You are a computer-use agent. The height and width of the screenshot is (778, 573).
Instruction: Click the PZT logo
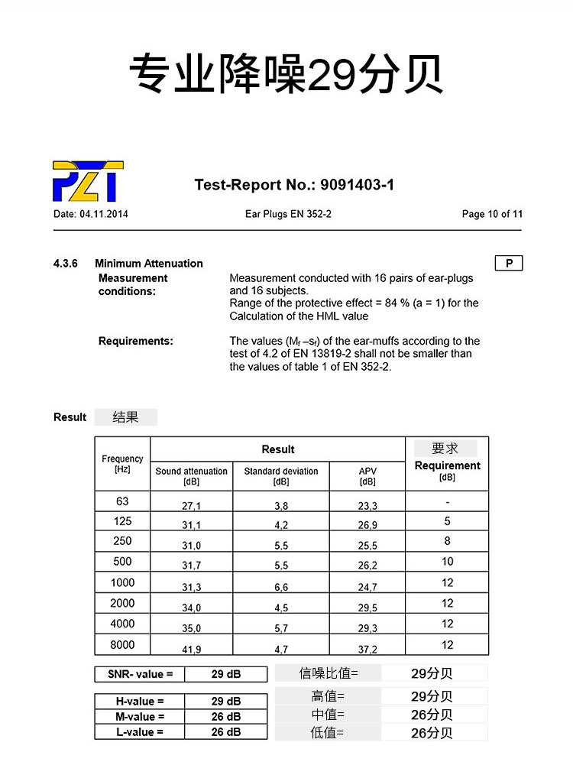click(88, 181)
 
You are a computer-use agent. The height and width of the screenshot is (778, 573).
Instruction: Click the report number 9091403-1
click(357, 184)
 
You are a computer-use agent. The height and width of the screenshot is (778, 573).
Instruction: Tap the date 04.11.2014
click(103, 214)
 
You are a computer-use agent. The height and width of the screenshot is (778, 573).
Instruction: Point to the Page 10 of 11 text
click(492, 214)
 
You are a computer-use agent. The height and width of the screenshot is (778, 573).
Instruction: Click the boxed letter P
click(509, 264)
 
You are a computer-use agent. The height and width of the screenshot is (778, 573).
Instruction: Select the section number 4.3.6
click(66, 264)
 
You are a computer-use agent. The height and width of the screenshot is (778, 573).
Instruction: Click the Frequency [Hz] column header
click(122, 464)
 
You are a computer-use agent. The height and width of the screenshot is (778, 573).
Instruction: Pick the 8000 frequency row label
click(122, 645)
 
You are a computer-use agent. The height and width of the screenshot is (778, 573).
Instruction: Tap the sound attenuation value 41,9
click(191, 649)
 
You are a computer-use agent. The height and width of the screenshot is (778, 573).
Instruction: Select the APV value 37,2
click(367, 649)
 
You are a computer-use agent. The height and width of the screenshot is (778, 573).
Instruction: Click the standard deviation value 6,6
click(281, 587)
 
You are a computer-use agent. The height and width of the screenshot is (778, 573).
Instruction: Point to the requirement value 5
click(447, 521)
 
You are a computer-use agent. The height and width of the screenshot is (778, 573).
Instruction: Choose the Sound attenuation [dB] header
click(191, 476)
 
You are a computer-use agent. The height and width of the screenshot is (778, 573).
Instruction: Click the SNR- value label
click(140, 674)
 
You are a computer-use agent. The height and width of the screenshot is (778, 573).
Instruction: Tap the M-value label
click(140, 717)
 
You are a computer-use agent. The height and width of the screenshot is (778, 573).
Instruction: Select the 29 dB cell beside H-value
click(226, 701)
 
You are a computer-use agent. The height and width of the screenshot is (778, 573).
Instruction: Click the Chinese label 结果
click(125, 417)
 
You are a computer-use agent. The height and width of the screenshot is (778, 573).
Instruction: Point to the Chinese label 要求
click(445, 449)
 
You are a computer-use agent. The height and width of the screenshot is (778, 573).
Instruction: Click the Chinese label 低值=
click(328, 733)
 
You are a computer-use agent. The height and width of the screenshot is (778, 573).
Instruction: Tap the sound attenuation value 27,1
click(191, 506)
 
